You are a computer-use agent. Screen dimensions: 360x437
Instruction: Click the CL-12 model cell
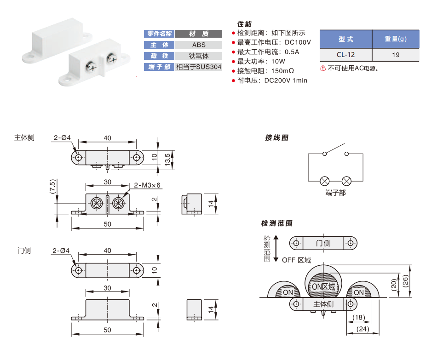pos(345,55)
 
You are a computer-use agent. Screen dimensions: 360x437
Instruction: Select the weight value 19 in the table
pos(396,55)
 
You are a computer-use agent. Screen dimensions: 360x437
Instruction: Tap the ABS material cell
pos(199,45)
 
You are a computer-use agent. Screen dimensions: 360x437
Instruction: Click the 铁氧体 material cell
pos(199,56)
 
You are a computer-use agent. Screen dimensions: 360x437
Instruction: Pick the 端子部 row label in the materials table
pos(159,68)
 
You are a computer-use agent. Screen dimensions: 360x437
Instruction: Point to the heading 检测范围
pos(276,223)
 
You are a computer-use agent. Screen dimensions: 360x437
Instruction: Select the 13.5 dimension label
pos(173,160)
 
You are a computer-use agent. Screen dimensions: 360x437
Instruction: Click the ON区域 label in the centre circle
pos(323,286)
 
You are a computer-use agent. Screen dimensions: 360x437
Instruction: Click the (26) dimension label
pos(405,281)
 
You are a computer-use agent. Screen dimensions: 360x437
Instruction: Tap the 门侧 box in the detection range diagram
pos(323,243)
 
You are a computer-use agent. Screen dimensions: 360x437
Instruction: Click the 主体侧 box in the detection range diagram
pos(323,304)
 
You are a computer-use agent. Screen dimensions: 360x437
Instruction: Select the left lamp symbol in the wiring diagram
pos(324,180)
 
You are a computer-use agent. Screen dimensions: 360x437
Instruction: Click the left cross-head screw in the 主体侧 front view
pos(97,203)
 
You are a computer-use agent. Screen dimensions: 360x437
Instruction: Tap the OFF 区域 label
pos(296,260)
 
